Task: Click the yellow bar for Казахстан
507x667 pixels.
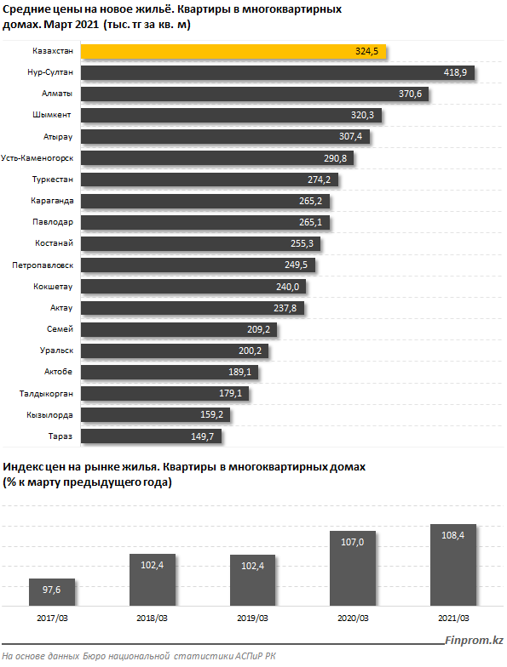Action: pyautogui.click(x=233, y=51)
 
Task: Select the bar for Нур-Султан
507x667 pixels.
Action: pyautogui.click(x=278, y=73)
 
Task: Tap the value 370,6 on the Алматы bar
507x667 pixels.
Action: pyautogui.click(x=410, y=94)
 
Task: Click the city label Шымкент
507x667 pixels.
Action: pyautogui.click(x=51, y=115)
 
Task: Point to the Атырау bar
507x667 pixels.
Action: pyautogui.click(x=225, y=136)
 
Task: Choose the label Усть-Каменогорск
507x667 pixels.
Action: pyautogui.click(x=37, y=158)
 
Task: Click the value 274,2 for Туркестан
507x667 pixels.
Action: pyautogui.click(x=319, y=180)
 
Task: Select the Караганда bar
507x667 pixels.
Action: pyautogui.click(x=205, y=201)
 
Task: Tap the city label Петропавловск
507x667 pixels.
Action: pyautogui.click(x=43, y=265)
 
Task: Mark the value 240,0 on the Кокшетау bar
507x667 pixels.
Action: pyautogui.click(x=288, y=288)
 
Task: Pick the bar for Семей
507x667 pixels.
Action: pyautogui.click(x=179, y=329)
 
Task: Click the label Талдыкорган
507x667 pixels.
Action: pyautogui.click(x=46, y=394)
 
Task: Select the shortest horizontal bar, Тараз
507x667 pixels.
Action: pyautogui.click(x=151, y=436)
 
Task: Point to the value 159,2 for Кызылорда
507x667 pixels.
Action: pyautogui.click(x=211, y=415)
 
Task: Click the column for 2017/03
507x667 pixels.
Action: pyautogui.click(x=52, y=592)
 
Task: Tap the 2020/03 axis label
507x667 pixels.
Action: pyautogui.click(x=353, y=618)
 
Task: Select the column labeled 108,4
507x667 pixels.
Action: pyautogui.click(x=453, y=565)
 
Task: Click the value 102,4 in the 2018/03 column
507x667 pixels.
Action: pyautogui.click(x=152, y=565)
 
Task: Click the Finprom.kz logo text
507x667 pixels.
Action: pyautogui.click(x=474, y=640)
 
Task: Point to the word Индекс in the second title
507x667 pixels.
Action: pyautogui.click(x=23, y=467)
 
